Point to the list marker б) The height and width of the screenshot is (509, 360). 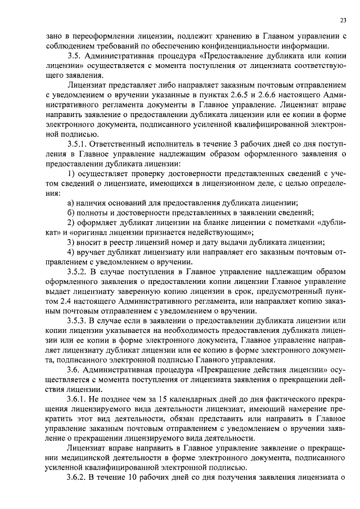tap(71, 212)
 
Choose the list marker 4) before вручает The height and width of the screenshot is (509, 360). tap(71, 251)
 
